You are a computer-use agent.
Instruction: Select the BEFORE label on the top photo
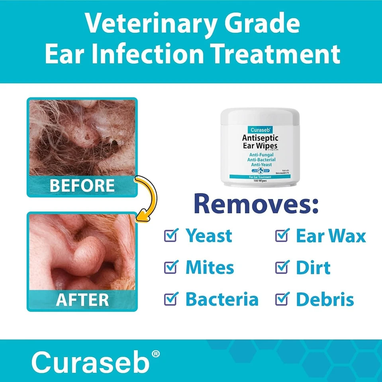pyautogui.click(x=82, y=186)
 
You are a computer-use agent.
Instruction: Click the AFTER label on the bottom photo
pyautogui.click(x=82, y=300)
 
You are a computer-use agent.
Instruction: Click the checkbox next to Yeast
pyautogui.click(x=170, y=236)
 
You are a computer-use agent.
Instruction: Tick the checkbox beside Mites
pyautogui.click(x=170, y=267)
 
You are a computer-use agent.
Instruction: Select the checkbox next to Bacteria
pyautogui.click(x=170, y=299)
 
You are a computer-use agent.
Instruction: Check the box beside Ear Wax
pyautogui.click(x=282, y=236)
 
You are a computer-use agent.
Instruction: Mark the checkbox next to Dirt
pyautogui.click(x=282, y=267)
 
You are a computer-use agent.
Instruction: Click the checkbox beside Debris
pyautogui.click(x=282, y=299)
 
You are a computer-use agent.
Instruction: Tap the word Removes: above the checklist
pyautogui.click(x=256, y=204)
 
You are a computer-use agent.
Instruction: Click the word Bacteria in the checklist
pyautogui.click(x=222, y=299)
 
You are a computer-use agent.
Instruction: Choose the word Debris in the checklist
pyautogui.click(x=325, y=299)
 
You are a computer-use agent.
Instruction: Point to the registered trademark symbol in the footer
pyautogui.click(x=156, y=353)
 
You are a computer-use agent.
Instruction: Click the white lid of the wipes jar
pyautogui.click(x=260, y=116)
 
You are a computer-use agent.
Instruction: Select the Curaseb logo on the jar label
pyautogui.click(x=260, y=130)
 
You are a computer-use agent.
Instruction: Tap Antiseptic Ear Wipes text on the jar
pyautogui.click(x=260, y=142)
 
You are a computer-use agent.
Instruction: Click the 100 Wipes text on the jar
pyautogui.click(x=260, y=180)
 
